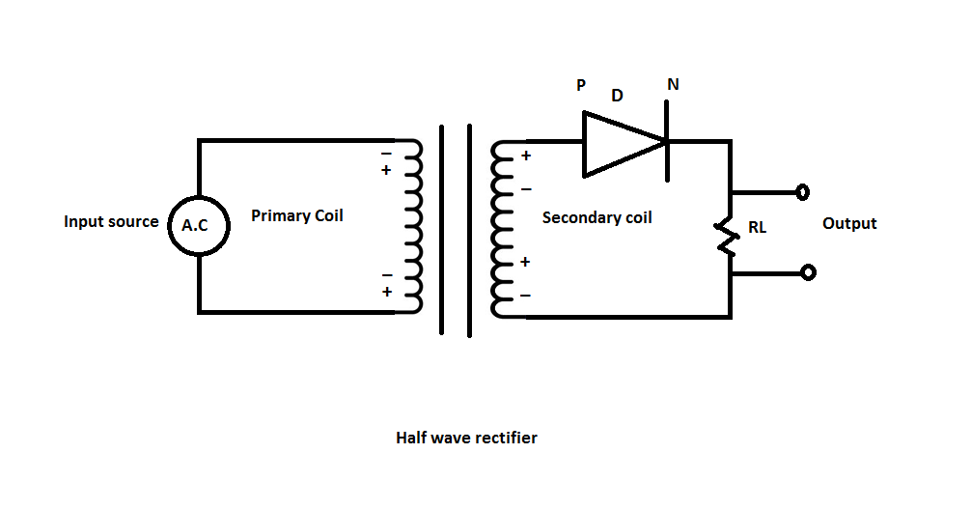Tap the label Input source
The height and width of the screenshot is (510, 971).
(111, 222)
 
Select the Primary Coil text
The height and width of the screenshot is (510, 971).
(296, 215)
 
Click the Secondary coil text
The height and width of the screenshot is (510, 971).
(596, 217)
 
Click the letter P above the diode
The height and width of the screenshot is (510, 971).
(581, 85)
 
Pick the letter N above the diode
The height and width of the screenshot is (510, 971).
(673, 85)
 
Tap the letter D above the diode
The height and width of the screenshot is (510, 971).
(617, 96)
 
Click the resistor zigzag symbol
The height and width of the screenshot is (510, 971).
(725, 237)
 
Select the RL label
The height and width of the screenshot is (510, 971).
(758, 230)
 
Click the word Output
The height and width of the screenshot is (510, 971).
(849, 223)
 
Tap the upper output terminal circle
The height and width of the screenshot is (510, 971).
(802, 191)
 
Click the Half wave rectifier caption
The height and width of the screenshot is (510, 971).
(466, 438)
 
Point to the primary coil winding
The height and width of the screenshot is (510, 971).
(413, 227)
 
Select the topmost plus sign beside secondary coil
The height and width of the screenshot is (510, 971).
(526, 156)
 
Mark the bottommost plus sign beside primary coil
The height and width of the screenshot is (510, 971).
(387, 292)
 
